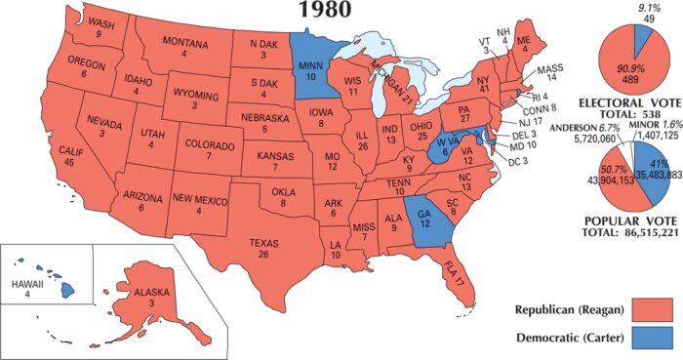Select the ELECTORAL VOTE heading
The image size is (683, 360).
627,102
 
